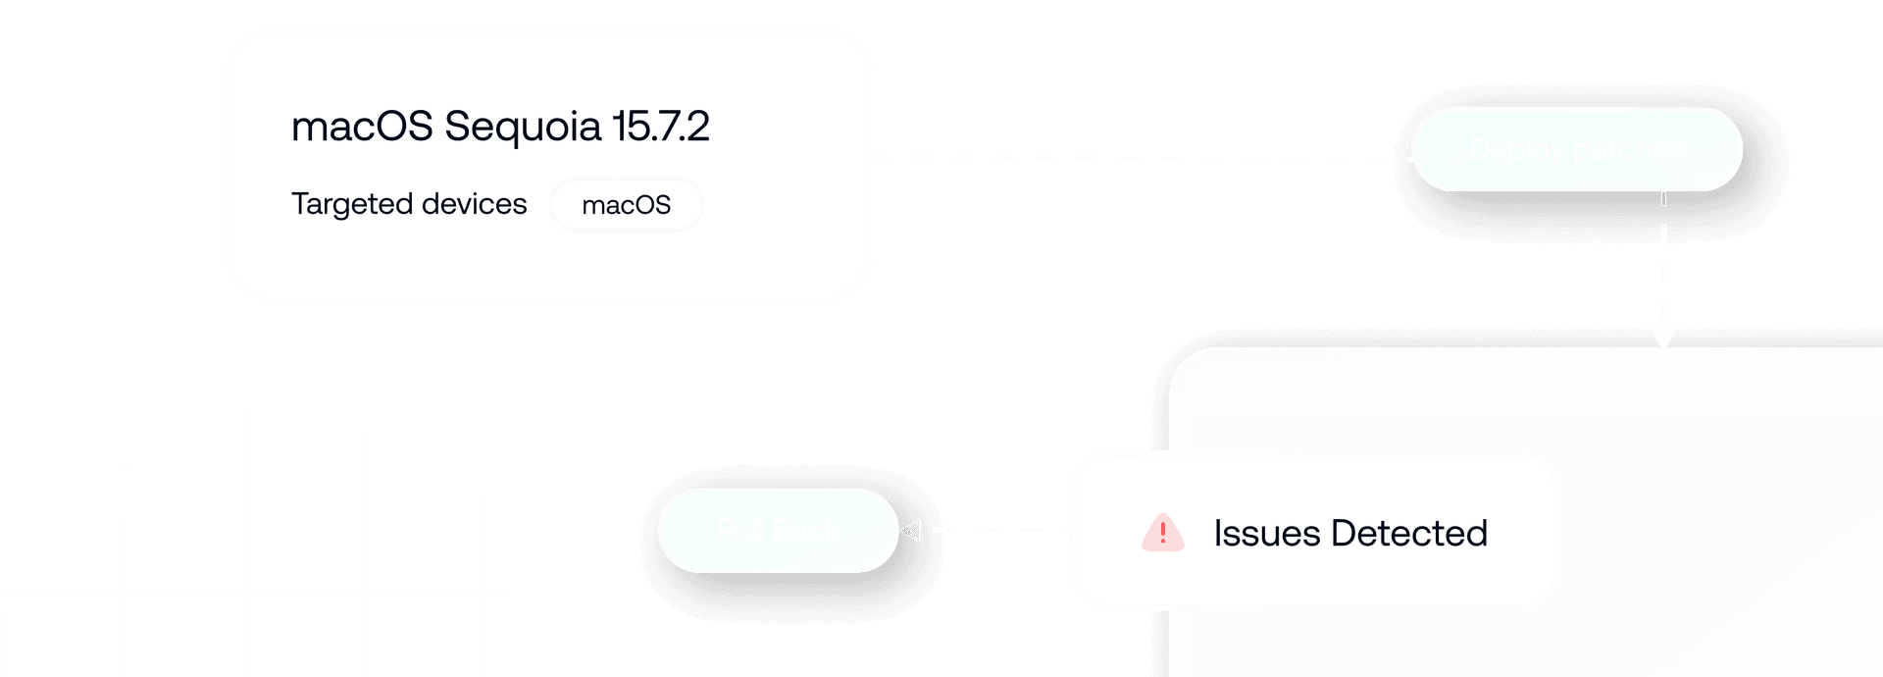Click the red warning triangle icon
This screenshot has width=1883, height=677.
click(1163, 533)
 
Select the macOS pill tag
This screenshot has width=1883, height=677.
click(627, 205)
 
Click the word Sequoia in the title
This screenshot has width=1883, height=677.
click(522, 127)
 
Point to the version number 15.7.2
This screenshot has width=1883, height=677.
click(660, 127)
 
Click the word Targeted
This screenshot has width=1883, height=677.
click(351, 204)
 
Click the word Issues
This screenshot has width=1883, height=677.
click(1267, 534)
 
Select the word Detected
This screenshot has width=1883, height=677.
click(1409, 534)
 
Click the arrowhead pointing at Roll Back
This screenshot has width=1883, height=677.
click(910, 531)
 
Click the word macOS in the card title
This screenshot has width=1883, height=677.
click(362, 127)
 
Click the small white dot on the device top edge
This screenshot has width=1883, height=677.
click(1655, 375)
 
